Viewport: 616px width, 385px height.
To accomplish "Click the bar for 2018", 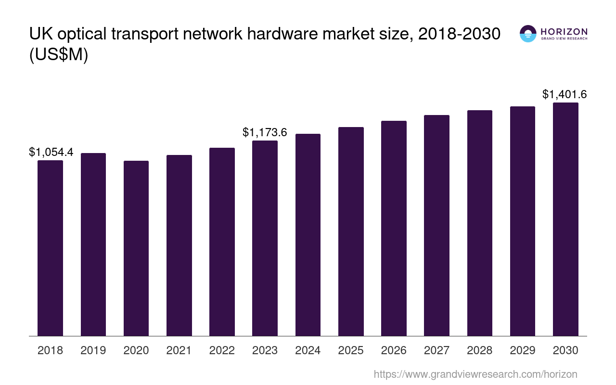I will (50, 248).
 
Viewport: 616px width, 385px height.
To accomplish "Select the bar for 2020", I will (136, 248).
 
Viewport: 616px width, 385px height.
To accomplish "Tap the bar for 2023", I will (265, 238).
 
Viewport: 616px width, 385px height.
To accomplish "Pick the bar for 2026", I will (394, 228).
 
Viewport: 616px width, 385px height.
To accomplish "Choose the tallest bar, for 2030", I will (565, 219).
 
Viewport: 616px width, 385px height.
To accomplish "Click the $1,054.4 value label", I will (51, 153).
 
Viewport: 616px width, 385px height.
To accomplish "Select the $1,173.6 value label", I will (265, 132).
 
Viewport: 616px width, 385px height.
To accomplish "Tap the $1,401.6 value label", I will (565, 94).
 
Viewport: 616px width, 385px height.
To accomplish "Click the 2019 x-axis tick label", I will (93, 350).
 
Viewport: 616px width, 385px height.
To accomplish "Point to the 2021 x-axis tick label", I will (179, 350).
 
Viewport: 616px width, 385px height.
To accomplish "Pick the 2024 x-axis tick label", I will (308, 350).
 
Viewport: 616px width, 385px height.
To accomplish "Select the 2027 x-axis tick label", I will (436, 350).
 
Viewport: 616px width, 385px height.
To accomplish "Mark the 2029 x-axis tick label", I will (523, 350).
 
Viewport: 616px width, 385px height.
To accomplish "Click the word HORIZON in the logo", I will (564, 31).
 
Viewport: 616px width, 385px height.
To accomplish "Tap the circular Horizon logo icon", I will (528, 34).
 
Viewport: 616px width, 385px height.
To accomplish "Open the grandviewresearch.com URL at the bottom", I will (475, 374).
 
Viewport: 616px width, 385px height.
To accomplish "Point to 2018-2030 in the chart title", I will (459, 34).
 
